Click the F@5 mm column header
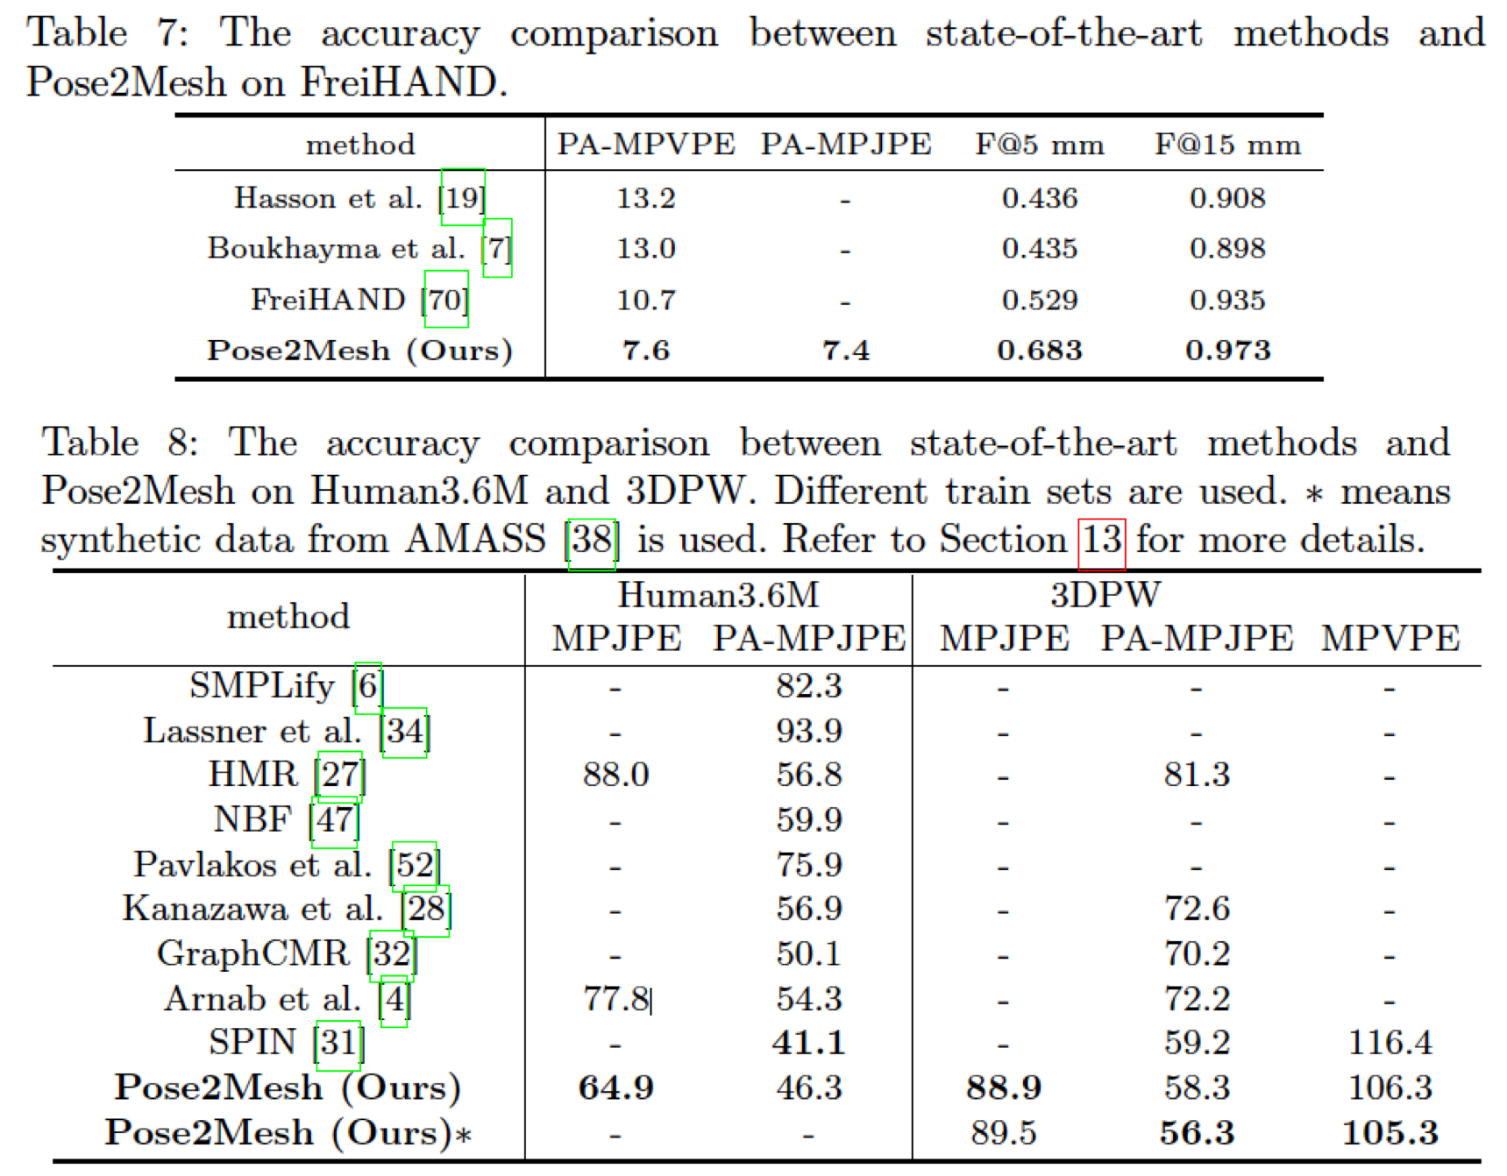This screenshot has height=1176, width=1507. [1039, 145]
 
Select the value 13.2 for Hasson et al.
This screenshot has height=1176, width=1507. [646, 198]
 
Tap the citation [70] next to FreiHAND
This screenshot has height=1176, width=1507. [445, 300]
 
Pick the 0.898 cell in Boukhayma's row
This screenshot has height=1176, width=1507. [1226, 249]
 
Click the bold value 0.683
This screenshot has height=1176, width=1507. [1039, 351]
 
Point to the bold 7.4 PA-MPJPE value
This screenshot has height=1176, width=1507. [845, 351]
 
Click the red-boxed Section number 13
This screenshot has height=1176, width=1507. [1101, 540]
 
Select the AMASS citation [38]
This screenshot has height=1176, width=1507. [592, 540]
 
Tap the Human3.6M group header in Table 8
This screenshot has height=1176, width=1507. [718, 595]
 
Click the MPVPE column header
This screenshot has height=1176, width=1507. [1390, 638]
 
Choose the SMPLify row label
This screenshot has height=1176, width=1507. [261, 686]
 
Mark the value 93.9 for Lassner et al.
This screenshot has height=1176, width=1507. [808, 731]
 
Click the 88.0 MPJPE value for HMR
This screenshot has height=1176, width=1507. [615, 775]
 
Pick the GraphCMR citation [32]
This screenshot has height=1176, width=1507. [392, 953]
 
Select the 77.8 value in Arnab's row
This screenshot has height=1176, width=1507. [615, 998]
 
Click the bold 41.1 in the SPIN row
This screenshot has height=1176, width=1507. [808, 1043]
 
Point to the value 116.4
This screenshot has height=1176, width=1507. [1390, 1043]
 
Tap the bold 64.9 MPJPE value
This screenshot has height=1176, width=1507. [615, 1087]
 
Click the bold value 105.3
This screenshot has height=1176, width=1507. [1390, 1133]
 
